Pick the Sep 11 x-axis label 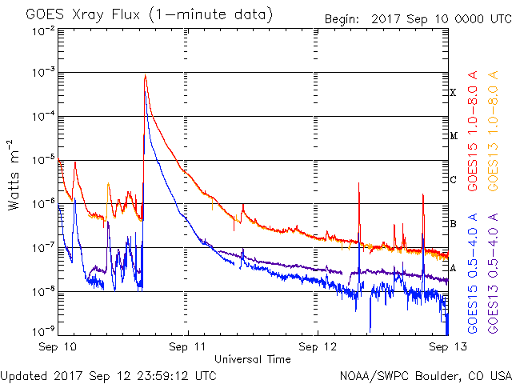point(188,347)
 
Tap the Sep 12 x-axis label point(318,347)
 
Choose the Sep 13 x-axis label point(446,347)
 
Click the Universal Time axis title point(252,359)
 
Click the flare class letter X point(453,93)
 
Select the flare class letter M point(453,136)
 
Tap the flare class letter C point(453,180)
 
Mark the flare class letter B point(453,224)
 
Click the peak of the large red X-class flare point(145,76)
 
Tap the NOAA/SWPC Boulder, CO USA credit point(424,374)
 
